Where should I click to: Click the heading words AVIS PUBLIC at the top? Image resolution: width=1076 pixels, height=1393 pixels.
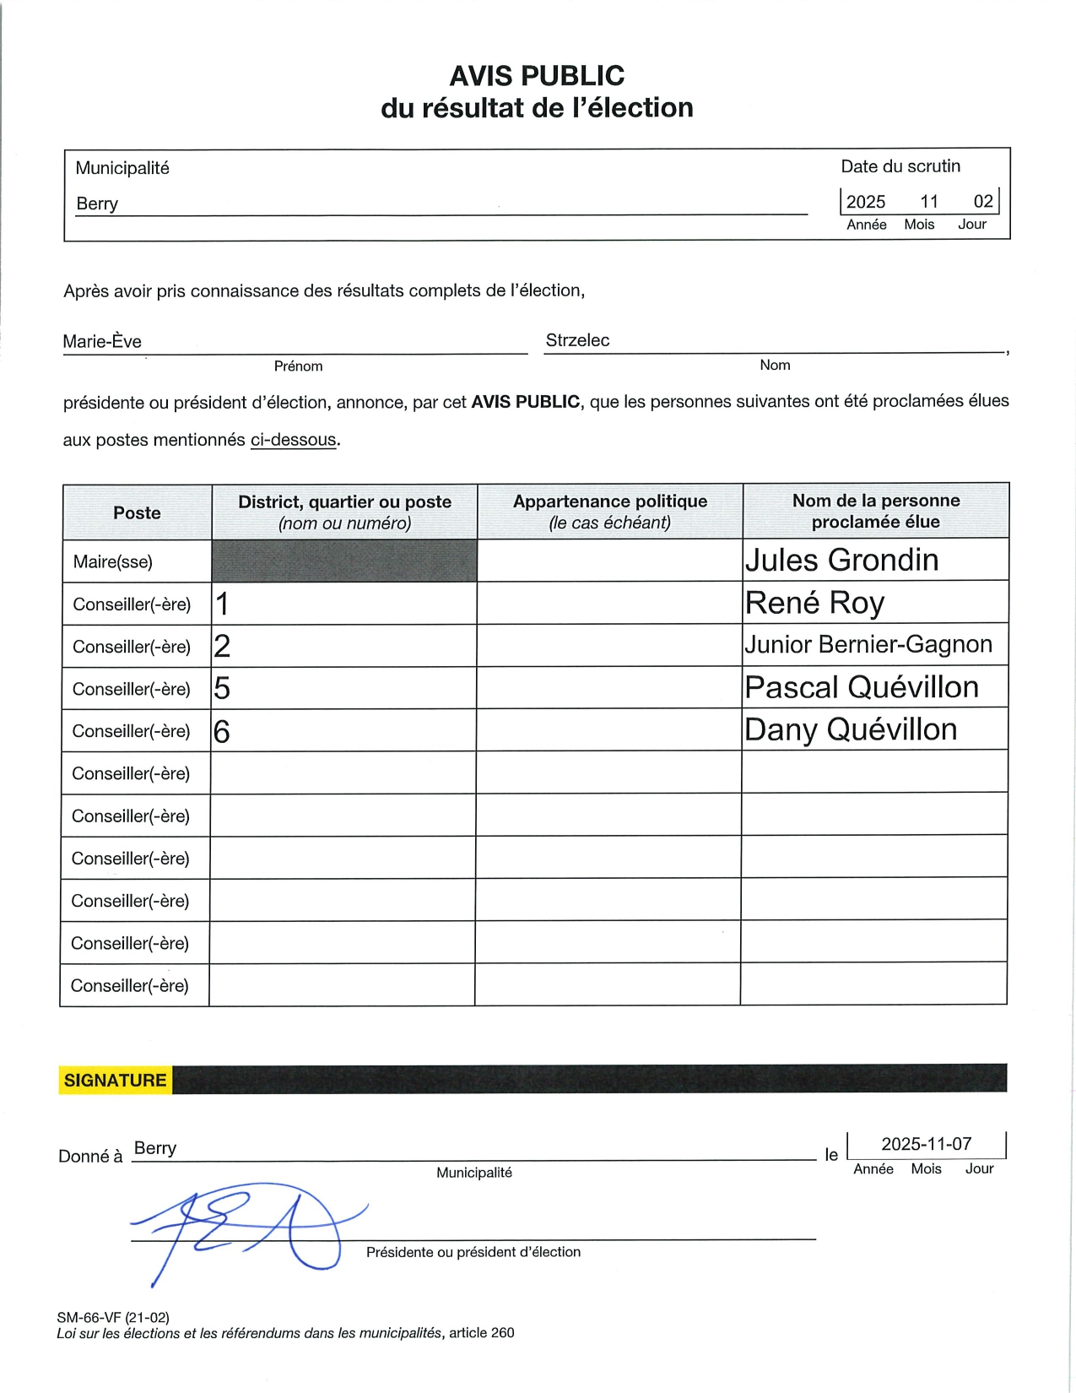click(537, 76)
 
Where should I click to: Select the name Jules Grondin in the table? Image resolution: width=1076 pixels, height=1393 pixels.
click(841, 561)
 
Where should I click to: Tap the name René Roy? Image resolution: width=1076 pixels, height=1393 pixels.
click(814, 603)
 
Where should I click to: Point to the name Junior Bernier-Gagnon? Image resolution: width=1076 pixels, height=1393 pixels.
click(868, 645)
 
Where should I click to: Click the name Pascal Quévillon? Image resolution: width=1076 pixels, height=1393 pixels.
click(862, 687)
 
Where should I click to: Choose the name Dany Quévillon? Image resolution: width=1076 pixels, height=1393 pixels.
click(851, 729)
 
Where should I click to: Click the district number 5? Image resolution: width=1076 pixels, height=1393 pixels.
click(222, 689)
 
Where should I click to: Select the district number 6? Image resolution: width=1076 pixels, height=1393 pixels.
click(222, 731)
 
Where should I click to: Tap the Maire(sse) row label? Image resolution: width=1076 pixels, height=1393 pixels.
click(113, 562)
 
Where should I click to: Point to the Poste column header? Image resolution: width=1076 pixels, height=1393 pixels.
click(137, 512)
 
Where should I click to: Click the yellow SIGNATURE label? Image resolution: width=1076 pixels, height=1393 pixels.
click(116, 1081)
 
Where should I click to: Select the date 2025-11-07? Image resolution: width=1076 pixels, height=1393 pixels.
click(927, 1144)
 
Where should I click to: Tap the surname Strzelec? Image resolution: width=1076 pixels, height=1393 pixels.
click(577, 340)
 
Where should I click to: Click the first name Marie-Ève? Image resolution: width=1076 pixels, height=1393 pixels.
click(102, 342)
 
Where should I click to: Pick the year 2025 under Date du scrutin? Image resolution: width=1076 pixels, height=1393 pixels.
click(866, 202)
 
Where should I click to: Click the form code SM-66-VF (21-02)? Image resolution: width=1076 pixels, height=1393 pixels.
click(113, 1317)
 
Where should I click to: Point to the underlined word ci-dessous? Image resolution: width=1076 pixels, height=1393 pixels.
click(294, 440)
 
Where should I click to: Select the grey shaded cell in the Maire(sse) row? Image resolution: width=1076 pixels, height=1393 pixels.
click(344, 561)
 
